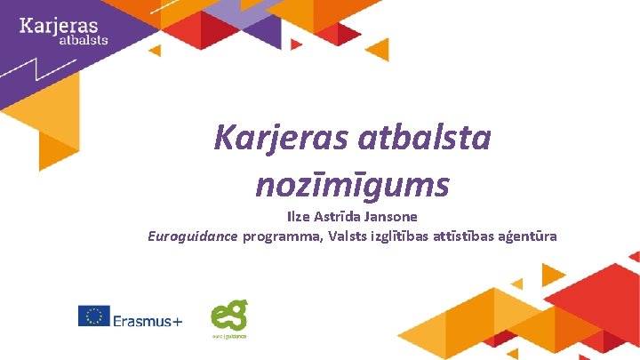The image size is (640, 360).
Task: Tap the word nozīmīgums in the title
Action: coord(352,185)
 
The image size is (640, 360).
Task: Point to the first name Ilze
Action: coord(300,216)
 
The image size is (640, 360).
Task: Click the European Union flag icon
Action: coord(93,316)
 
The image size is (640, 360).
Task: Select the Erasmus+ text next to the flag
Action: coord(148,317)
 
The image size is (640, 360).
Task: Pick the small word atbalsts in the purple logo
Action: coord(83,39)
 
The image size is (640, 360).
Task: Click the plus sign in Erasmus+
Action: coord(176,318)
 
